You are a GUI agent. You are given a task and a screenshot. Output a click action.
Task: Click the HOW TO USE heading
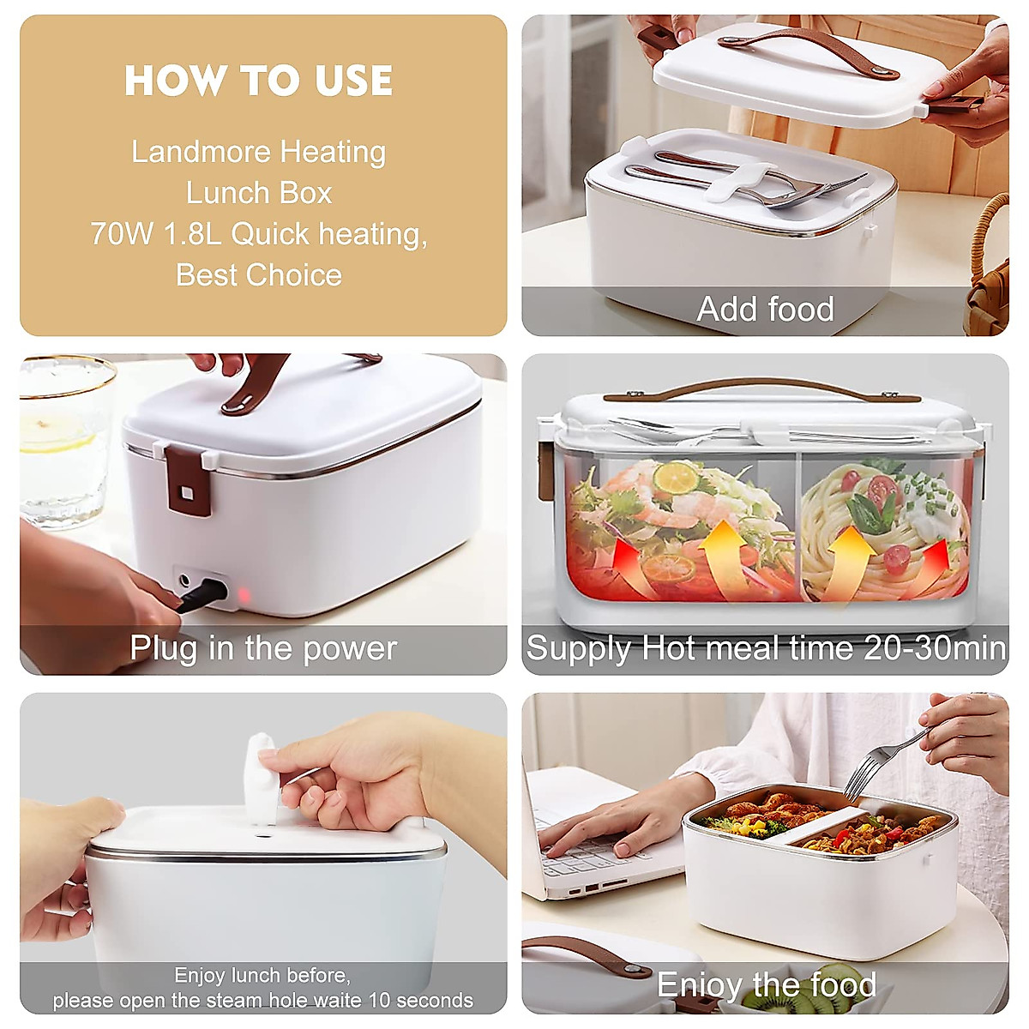pos(258,81)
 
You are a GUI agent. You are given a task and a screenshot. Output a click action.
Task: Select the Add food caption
pos(765,309)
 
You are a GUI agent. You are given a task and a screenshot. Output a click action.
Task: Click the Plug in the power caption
pos(263,648)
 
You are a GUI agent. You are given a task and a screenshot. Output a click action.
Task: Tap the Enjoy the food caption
pos(766,984)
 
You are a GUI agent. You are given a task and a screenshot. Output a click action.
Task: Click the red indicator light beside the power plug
pos(243,595)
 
